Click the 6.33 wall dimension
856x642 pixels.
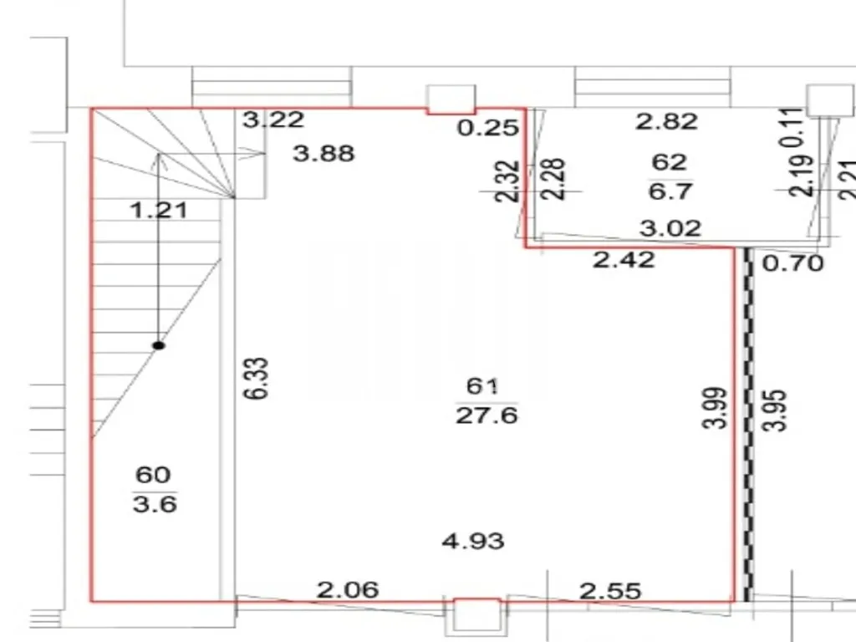[x=256, y=379]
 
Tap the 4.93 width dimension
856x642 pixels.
[x=473, y=541]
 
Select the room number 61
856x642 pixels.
[x=482, y=386]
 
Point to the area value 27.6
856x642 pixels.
[x=487, y=415]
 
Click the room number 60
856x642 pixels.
[x=153, y=475]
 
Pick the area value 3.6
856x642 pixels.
[x=155, y=504]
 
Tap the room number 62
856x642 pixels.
[x=670, y=162]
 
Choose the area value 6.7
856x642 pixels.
[x=670, y=191]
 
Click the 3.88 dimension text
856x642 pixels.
[x=324, y=154]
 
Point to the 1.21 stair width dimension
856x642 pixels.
[x=159, y=210]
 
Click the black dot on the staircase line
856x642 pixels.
[x=158, y=345]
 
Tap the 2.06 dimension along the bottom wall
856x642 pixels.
[x=348, y=589]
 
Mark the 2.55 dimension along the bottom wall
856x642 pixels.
[x=610, y=591]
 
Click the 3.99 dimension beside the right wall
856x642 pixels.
[x=716, y=408]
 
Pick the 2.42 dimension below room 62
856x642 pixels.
[x=624, y=260]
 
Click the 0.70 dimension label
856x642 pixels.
[x=792, y=263]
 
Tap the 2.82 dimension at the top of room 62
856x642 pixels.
[x=666, y=121]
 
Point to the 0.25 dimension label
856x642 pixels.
[x=488, y=128]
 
